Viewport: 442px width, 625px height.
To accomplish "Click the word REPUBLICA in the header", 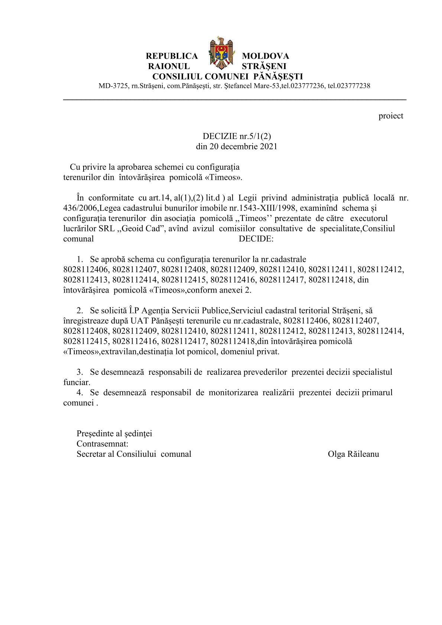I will coord(172,56).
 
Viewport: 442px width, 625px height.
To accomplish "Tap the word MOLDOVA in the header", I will coord(265,56).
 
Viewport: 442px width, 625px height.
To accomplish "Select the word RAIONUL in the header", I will coord(169,66).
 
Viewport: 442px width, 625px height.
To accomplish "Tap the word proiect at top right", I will coord(391,116).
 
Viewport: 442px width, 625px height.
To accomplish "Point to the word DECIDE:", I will coord(256,239).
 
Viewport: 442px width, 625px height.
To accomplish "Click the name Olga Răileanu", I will coord(354,454).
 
